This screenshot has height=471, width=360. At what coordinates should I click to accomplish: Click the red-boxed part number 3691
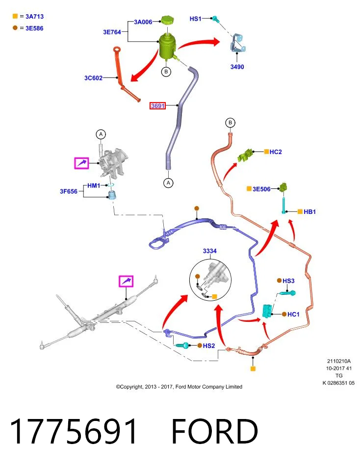(157, 106)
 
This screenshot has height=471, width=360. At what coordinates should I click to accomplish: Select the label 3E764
(112, 32)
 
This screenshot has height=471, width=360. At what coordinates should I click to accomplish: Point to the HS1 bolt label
(195, 19)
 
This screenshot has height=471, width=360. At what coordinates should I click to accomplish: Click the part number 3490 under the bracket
(237, 67)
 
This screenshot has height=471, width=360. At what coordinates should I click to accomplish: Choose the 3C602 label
(93, 78)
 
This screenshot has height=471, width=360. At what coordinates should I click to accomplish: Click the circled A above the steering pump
(101, 134)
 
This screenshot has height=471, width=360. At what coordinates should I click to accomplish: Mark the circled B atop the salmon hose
(231, 123)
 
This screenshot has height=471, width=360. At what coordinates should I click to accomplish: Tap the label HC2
(276, 152)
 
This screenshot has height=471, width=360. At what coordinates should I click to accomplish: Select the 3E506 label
(261, 189)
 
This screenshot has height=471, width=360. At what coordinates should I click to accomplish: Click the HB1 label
(309, 212)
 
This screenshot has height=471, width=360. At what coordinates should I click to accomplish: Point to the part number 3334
(209, 251)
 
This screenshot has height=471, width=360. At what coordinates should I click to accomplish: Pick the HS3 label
(288, 281)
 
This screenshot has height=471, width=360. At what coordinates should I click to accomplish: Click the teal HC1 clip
(267, 311)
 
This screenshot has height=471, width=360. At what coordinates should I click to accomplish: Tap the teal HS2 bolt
(182, 345)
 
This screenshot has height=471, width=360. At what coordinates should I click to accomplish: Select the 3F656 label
(69, 191)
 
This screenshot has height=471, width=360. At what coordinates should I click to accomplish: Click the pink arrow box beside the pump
(82, 163)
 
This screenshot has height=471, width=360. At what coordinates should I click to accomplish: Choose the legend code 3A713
(34, 17)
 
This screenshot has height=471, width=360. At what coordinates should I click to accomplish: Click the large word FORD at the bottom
(215, 431)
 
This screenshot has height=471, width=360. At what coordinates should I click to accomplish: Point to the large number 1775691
(74, 431)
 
